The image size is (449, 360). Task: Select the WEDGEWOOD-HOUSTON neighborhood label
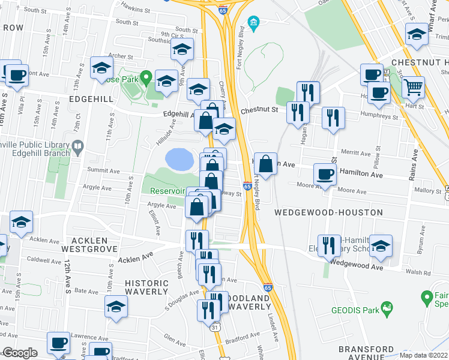(x=329, y=212)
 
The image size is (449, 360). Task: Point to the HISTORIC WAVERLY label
(x=146, y=287)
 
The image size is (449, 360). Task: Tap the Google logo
(x=19, y=353)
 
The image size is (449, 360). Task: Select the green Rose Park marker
(x=145, y=78)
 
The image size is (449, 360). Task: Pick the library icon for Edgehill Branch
(x=77, y=146)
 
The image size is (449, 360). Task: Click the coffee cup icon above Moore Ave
(x=325, y=174)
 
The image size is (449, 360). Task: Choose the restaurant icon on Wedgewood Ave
(x=329, y=245)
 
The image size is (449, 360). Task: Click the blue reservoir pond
(x=179, y=159)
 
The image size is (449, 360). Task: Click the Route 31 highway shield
(x=215, y=328)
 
